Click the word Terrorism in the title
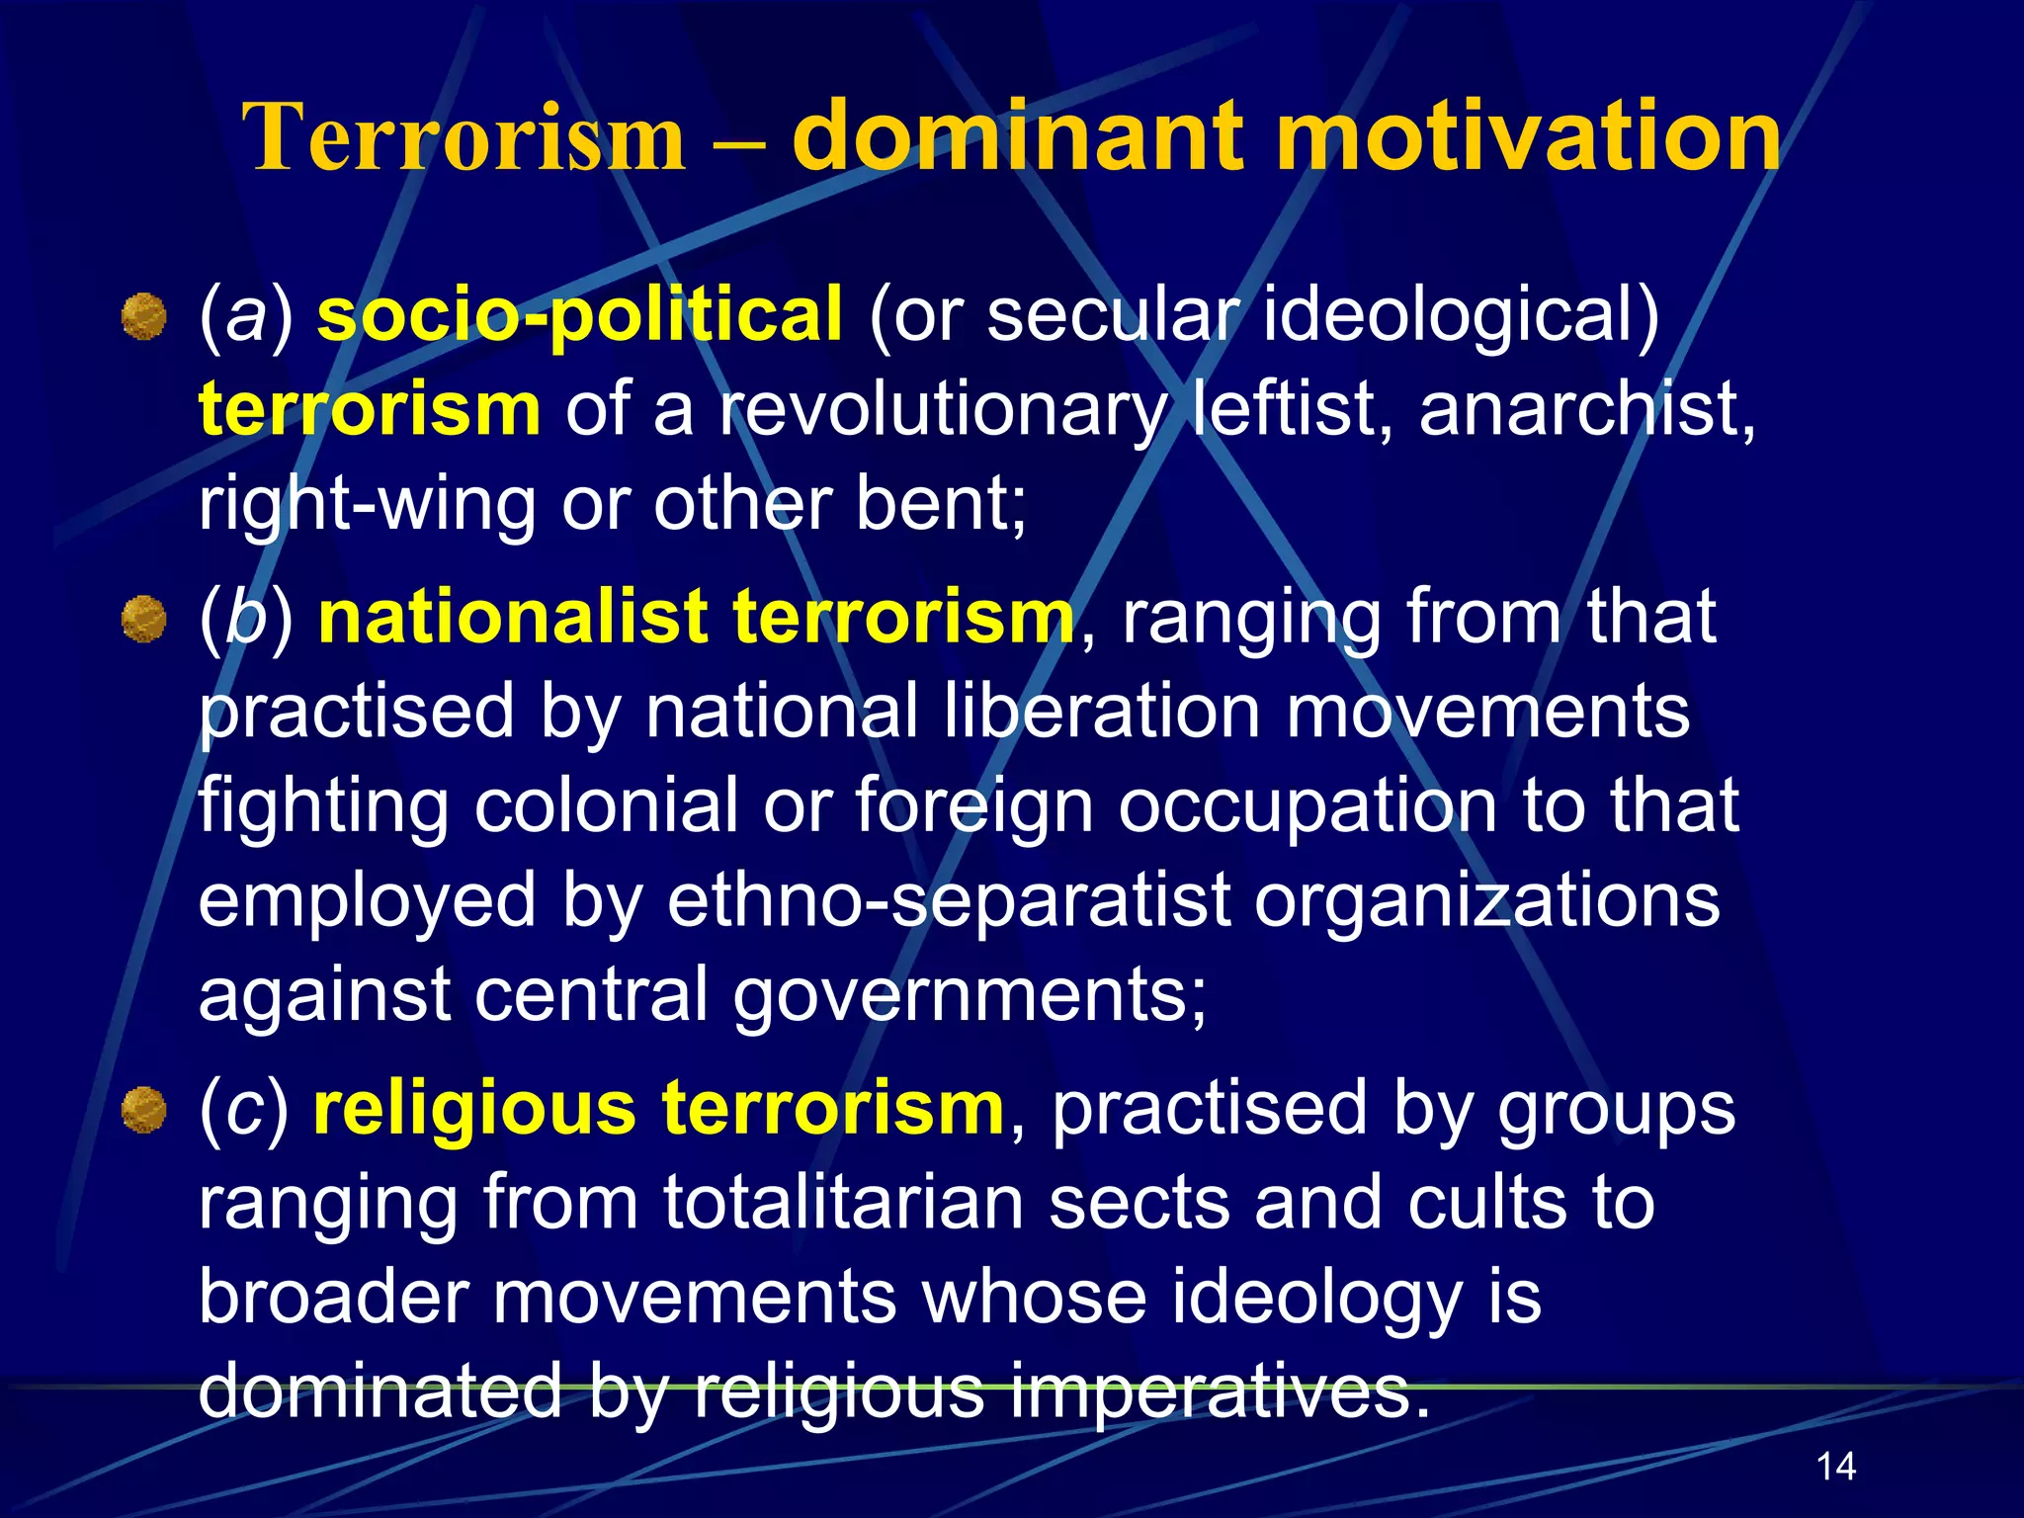click(464, 137)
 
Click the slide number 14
click(1835, 1466)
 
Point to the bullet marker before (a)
click(144, 316)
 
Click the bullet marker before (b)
click(144, 619)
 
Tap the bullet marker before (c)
click(144, 1109)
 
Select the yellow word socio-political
click(580, 315)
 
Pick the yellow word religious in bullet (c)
click(474, 1108)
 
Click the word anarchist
click(1586, 408)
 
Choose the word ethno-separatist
click(950, 899)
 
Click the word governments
click(970, 994)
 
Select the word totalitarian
click(843, 1203)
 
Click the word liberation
click(1102, 711)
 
